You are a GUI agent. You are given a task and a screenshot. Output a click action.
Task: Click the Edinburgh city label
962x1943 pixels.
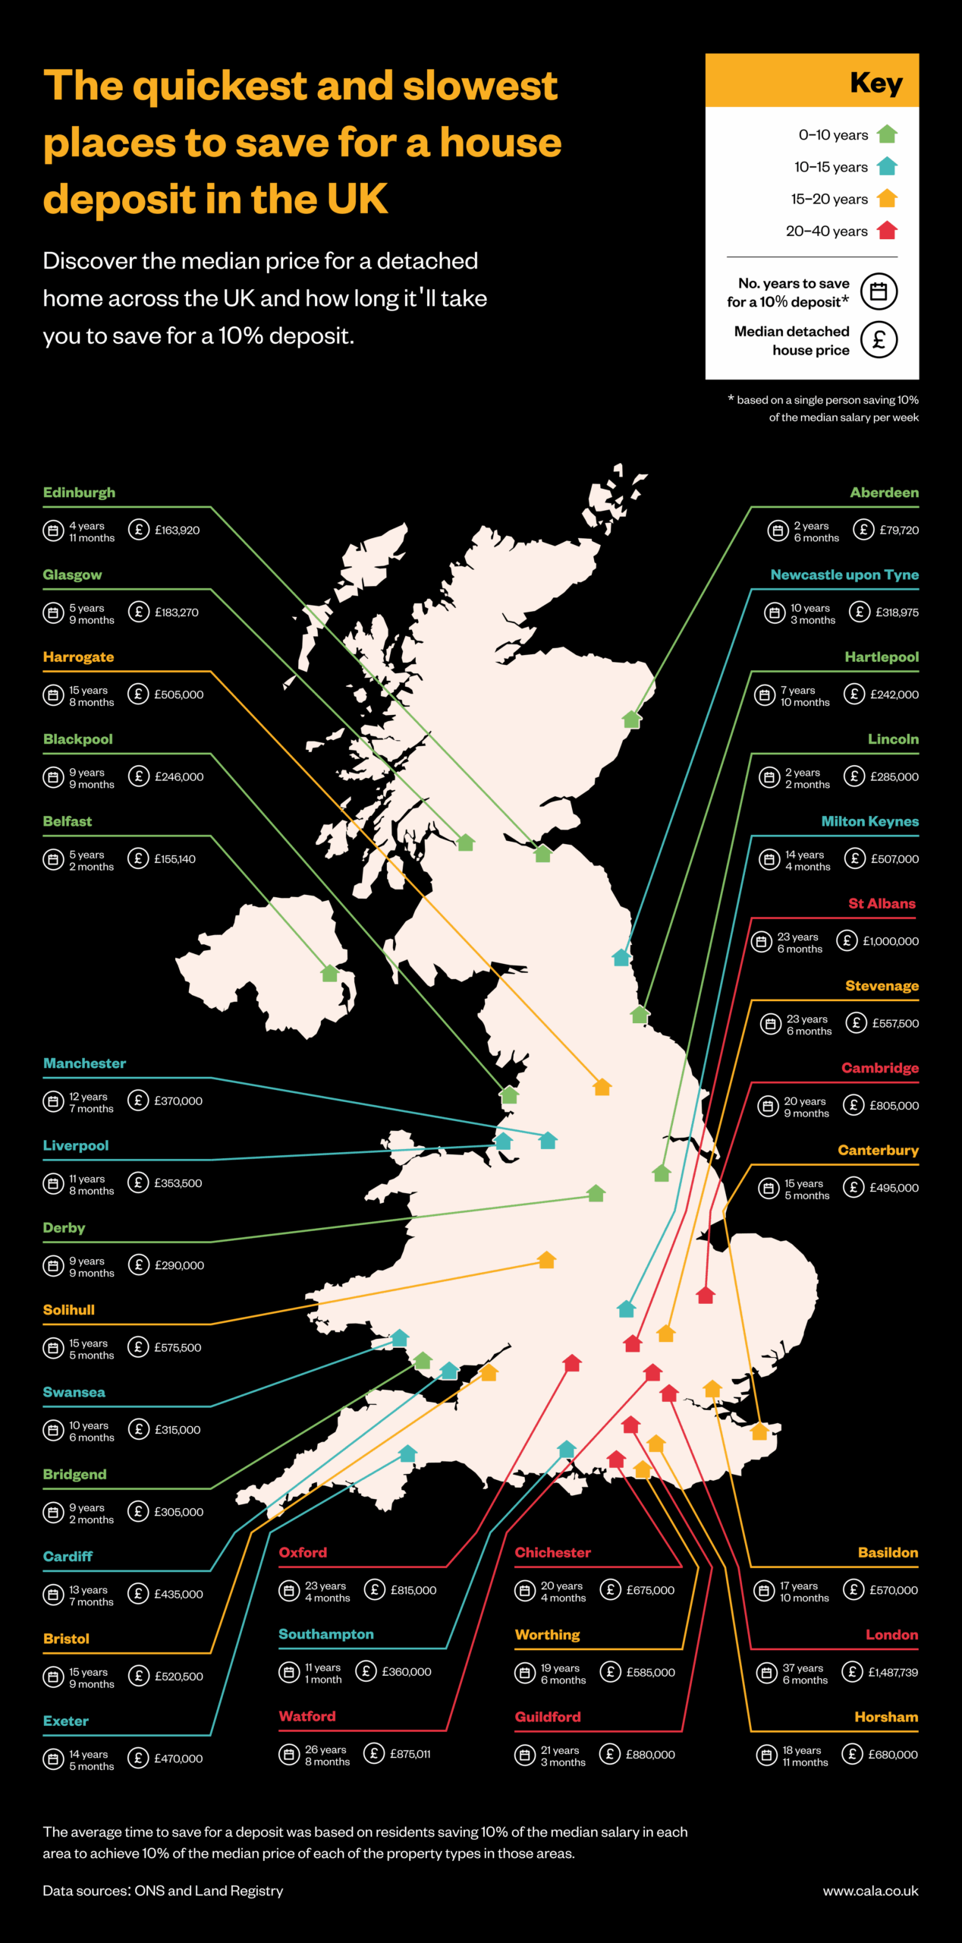(x=79, y=493)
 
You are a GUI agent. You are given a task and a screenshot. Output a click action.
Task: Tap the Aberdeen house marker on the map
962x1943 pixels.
(x=631, y=720)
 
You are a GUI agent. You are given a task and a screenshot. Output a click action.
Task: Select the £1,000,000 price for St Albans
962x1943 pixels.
(x=890, y=941)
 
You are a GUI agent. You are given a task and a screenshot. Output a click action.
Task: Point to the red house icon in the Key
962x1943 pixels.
(x=887, y=231)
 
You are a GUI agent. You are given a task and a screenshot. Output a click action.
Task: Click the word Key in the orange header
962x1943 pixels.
(x=876, y=82)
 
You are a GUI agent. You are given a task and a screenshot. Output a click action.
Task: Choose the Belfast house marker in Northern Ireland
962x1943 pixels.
(x=329, y=973)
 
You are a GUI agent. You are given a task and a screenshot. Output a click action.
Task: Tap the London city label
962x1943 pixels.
(x=891, y=1635)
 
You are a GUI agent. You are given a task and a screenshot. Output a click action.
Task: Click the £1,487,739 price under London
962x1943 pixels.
(x=892, y=1672)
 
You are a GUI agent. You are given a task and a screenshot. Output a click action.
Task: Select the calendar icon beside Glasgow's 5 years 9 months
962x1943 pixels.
(x=53, y=613)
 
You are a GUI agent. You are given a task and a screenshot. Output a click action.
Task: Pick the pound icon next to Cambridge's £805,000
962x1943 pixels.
(x=854, y=1105)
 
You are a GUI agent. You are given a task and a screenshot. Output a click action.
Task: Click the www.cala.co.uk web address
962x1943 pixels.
(x=870, y=1891)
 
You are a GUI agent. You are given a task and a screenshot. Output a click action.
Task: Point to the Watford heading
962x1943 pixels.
(x=307, y=1717)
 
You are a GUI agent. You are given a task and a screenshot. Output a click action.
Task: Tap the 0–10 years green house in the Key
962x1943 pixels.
(x=887, y=135)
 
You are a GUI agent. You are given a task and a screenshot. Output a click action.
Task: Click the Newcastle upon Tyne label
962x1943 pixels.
(x=844, y=575)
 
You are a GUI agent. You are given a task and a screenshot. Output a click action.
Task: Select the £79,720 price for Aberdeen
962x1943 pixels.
(x=899, y=530)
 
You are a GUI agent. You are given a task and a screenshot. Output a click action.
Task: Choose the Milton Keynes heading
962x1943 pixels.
(x=869, y=821)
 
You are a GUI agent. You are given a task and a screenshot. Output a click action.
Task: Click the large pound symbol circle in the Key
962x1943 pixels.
(x=879, y=340)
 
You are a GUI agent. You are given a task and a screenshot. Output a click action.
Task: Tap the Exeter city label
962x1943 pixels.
(x=66, y=1721)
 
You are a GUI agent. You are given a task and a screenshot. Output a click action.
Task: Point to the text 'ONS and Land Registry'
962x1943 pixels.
(x=209, y=1891)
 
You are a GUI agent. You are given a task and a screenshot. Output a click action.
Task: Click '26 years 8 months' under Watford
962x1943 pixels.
(x=327, y=1756)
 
